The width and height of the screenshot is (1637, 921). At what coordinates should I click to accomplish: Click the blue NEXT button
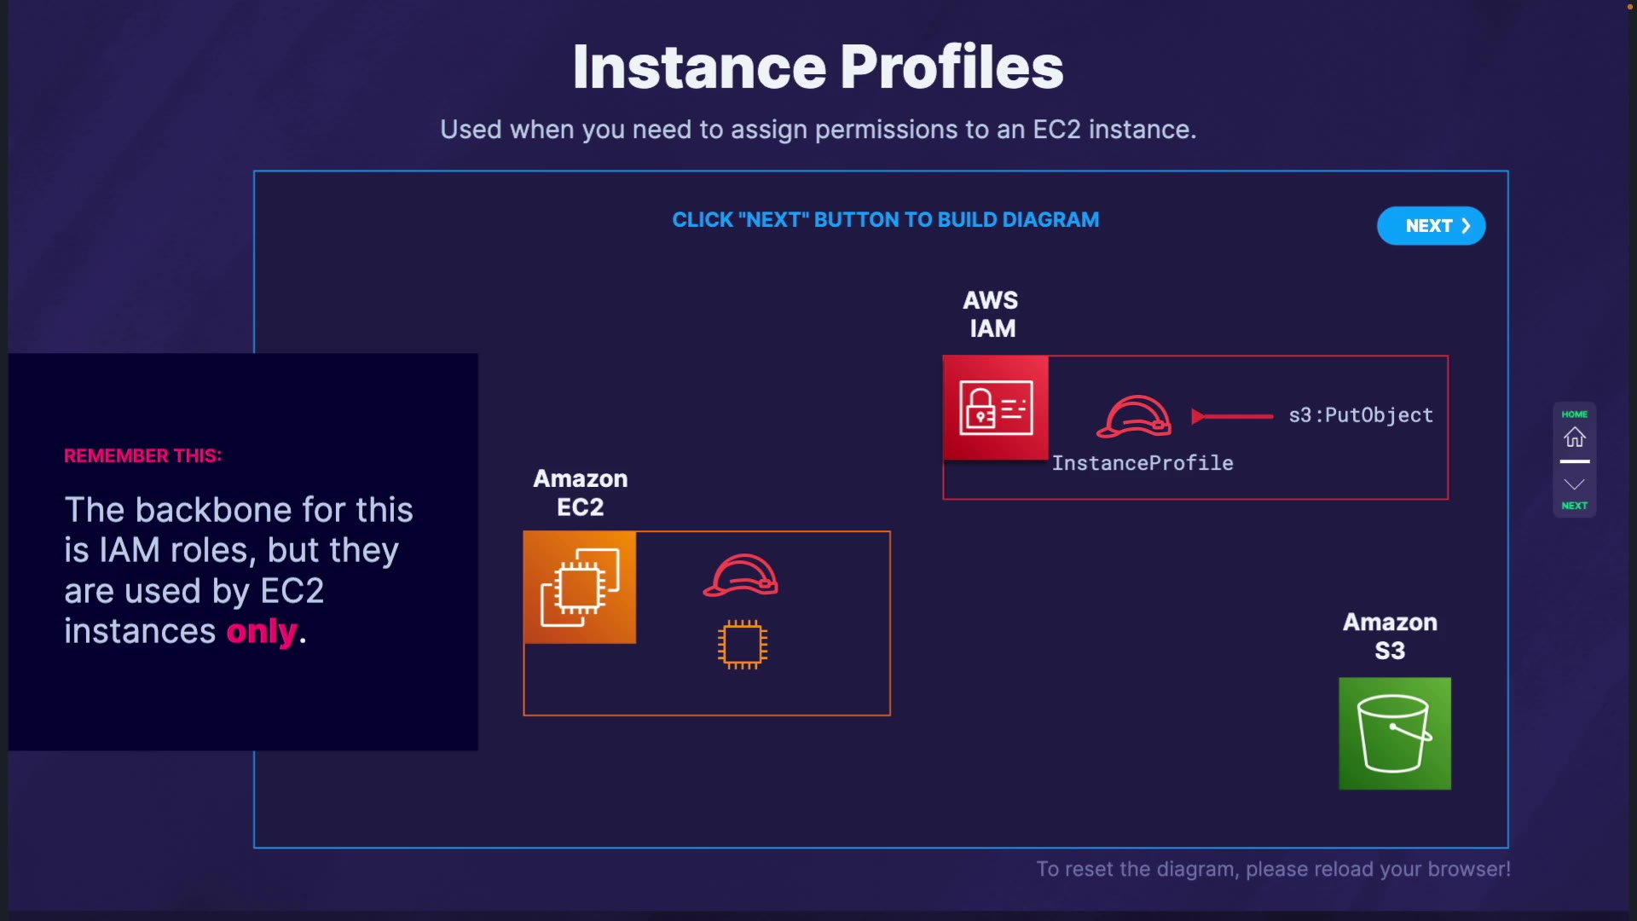[x=1431, y=226]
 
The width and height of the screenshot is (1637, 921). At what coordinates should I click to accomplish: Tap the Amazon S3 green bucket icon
[x=1395, y=733]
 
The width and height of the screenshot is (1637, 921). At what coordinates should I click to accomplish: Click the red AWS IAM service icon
[x=996, y=408]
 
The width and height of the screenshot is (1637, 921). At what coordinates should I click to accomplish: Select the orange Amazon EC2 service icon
[x=580, y=588]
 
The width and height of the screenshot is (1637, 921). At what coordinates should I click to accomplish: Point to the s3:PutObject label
[x=1361, y=415]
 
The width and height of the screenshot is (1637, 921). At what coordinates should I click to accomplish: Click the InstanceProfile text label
[x=1142, y=463]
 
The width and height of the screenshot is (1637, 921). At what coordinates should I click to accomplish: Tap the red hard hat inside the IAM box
[x=1134, y=416]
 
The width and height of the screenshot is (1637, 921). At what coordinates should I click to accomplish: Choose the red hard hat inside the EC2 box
[x=741, y=576]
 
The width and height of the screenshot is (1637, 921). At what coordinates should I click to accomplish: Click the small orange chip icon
[x=743, y=645]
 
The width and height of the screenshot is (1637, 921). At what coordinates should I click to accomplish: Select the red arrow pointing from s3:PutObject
[x=1232, y=416]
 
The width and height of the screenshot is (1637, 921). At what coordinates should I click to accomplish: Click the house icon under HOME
[x=1574, y=437]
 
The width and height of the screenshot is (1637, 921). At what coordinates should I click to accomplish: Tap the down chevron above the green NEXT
[x=1574, y=484]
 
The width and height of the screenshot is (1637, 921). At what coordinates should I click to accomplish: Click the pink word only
[x=262, y=632]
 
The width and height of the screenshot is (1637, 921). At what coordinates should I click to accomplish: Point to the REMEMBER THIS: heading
[x=143, y=456]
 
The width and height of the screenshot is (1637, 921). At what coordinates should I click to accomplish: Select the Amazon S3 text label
[x=1390, y=636]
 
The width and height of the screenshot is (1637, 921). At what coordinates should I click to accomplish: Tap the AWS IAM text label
[x=992, y=314]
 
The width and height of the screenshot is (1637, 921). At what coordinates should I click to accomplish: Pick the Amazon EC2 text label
[x=581, y=493]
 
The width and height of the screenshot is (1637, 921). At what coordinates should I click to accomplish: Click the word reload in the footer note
[x=1343, y=869]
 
